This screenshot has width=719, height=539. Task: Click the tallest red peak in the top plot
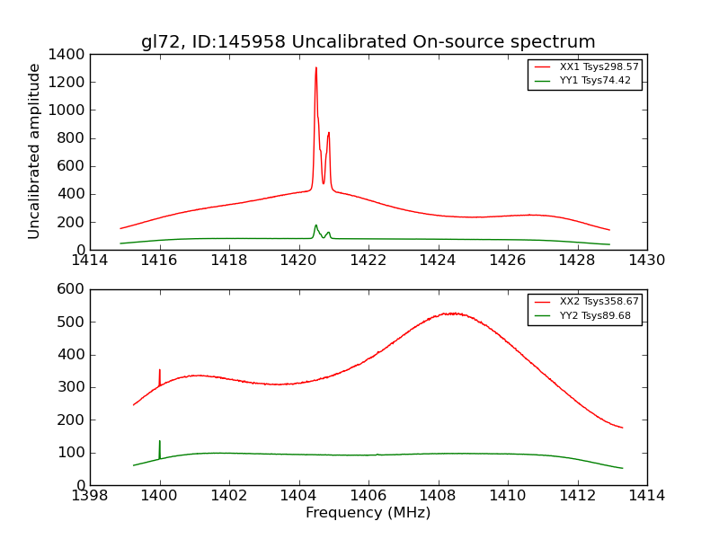(315, 68)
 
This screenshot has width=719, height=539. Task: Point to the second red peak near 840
(329, 133)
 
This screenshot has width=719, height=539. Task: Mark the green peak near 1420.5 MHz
(315, 225)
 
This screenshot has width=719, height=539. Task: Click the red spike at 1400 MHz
(160, 370)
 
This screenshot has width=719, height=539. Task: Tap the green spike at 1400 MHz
(160, 441)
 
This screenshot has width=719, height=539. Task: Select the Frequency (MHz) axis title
(368, 513)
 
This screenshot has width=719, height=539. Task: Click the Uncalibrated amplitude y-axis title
(34, 151)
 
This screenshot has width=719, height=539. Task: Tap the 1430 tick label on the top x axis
(646, 261)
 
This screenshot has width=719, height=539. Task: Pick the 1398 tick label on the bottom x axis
(90, 495)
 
